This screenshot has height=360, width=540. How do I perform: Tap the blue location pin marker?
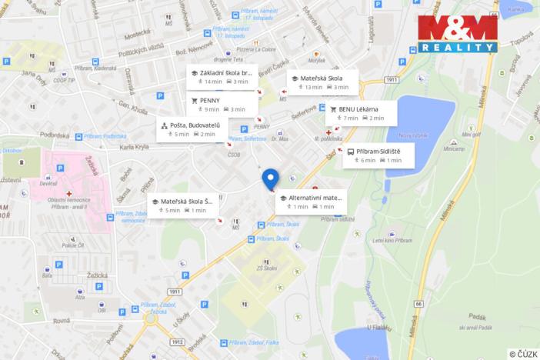click(270, 178)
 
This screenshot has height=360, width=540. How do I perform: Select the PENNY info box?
click(218, 104)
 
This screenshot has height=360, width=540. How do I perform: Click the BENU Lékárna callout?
click(361, 113)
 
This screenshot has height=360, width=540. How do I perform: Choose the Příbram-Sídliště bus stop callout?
click(378, 155)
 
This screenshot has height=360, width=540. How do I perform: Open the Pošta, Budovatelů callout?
click(191, 129)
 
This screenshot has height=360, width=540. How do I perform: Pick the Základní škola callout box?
click(222, 76)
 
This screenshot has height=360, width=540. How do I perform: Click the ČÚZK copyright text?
click(522, 354)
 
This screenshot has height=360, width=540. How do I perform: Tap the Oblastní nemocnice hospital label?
click(67, 202)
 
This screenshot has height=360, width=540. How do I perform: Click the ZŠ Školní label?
click(266, 267)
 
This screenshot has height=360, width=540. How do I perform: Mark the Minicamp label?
click(454, 148)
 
